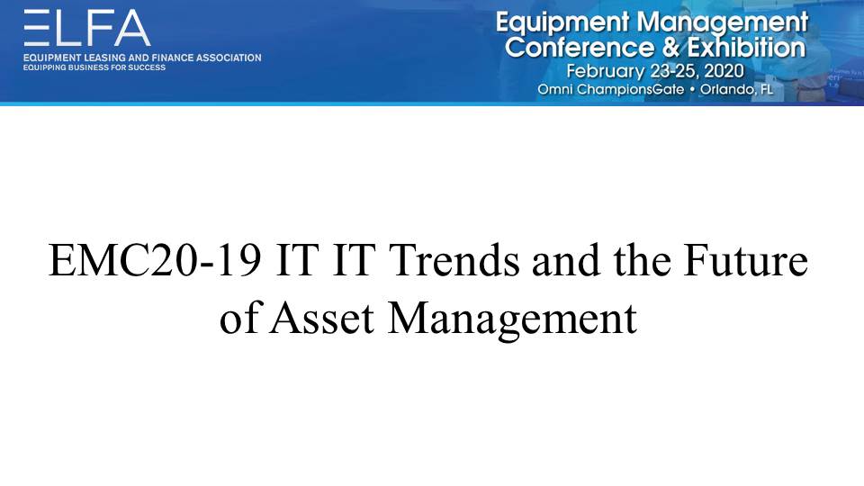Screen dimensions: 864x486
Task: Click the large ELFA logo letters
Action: [x=87, y=28]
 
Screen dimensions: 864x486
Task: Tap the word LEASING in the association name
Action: [x=104, y=58]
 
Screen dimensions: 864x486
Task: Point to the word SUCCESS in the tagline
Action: [x=147, y=67]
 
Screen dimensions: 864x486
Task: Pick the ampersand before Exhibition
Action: [x=670, y=48]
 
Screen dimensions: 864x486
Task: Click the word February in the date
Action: [x=606, y=72]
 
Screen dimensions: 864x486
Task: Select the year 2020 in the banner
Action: [x=724, y=71]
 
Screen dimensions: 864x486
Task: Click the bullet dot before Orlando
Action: [x=692, y=89]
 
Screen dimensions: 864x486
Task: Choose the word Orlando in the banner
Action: [x=728, y=89]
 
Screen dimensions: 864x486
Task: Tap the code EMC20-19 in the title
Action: [x=155, y=261]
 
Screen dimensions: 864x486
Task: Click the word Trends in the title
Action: [x=454, y=261]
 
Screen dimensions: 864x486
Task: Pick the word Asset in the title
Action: [x=322, y=318]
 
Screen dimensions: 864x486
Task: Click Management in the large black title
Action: [x=512, y=320]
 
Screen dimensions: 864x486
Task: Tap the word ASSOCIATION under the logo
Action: [x=229, y=58]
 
